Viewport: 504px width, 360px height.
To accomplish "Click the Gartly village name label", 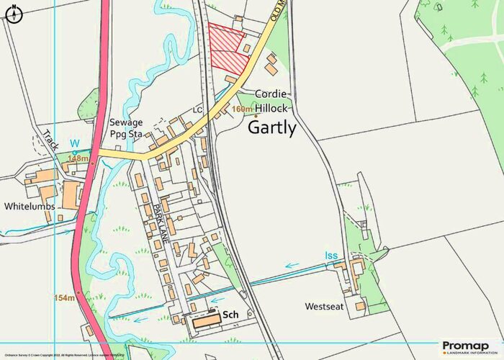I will point(271,128).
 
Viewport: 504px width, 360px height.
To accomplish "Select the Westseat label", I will point(323,307).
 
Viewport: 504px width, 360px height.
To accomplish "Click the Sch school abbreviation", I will point(230,315).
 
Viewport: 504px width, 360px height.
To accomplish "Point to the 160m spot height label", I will point(243,109).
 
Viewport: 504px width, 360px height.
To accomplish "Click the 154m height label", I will point(64,297).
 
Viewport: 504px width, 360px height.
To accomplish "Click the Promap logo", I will point(468,348).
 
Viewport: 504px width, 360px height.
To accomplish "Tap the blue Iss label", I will point(330,256).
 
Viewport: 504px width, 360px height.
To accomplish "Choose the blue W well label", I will point(74,143).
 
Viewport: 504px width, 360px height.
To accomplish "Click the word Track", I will point(50,140).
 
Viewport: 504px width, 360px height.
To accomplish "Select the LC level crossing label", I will point(198,110).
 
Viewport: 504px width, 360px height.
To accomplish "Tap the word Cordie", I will point(270,94).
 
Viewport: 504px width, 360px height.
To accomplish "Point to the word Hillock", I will point(269,107).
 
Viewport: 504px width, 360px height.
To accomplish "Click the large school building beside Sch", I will point(204,320).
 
